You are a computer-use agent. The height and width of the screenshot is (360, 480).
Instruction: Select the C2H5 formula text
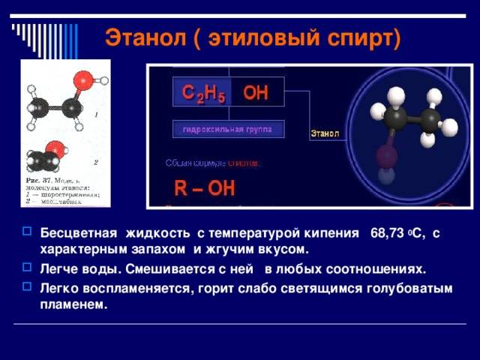pos(202,93)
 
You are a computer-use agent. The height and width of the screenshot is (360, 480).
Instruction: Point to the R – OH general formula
pos(204,187)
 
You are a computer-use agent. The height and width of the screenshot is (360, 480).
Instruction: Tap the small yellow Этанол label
pos(325,133)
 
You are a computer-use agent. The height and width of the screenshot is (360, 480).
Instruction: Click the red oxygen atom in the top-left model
pos(84,79)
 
